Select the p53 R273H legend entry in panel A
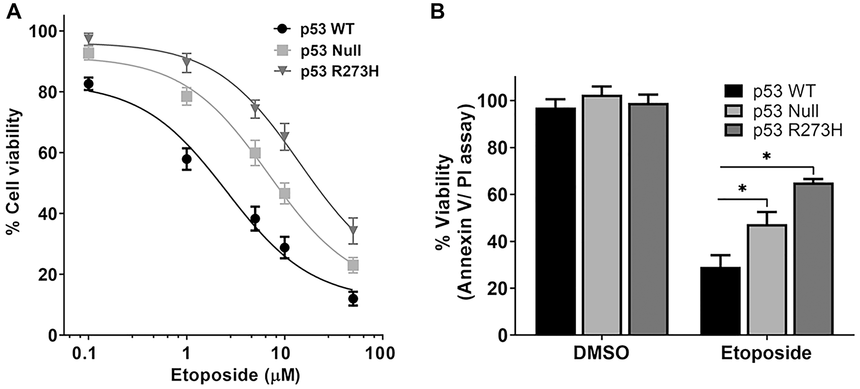[x=326, y=71]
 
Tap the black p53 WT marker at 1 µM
[x=186, y=159]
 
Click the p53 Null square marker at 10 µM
[x=284, y=194]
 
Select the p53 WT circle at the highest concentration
[x=353, y=299]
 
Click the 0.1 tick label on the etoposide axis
[x=89, y=354]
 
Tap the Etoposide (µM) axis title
[x=235, y=375]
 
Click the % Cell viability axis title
[x=14, y=171]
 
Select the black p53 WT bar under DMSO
[x=556, y=221]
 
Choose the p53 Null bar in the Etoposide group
[x=767, y=280]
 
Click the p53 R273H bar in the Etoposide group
[x=813, y=259]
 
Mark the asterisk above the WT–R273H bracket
[x=766, y=157]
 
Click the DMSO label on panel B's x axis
[x=601, y=353]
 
